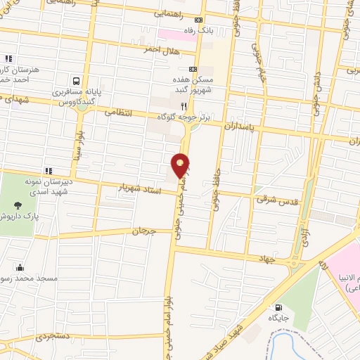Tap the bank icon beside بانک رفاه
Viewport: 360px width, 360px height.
click(x=198, y=20)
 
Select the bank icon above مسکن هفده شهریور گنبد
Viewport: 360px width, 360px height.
click(x=182, y=70)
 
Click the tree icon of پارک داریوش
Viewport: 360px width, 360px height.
click(x=18, y=206)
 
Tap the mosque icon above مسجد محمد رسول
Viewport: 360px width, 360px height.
click(x=20, y=267)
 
